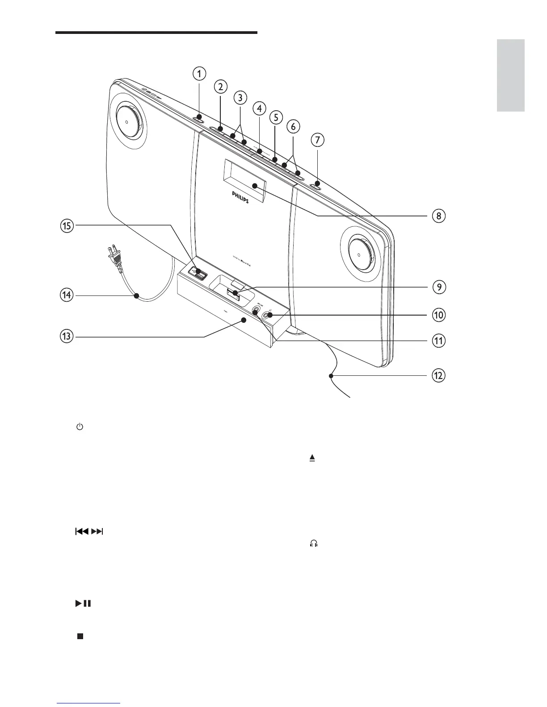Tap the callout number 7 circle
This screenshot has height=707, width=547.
(317, 140)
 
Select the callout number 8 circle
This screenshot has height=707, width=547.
(438, 216)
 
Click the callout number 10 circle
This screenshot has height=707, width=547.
(438, 315)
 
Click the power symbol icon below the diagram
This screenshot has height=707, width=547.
(80, 427)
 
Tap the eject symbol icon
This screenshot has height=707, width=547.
(312, 458)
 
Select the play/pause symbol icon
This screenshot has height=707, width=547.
(83, 603)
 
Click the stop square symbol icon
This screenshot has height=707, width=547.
(80, 636)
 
